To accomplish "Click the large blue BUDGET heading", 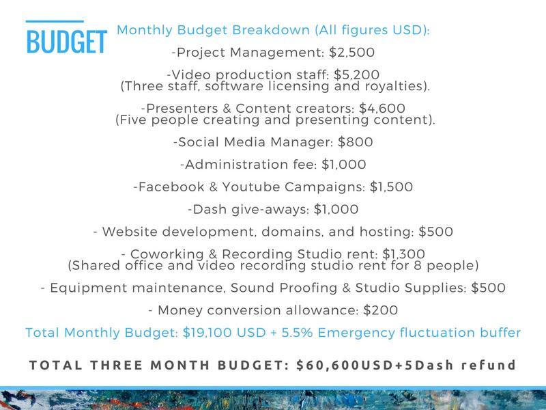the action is (66, 42).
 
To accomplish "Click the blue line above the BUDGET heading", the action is (55, 22).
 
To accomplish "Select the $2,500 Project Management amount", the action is (351, 53).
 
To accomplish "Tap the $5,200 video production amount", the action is (356, 74).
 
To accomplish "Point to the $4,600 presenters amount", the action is (382, 109).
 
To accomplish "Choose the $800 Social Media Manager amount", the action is (355, 142).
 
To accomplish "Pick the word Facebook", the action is (171, 187).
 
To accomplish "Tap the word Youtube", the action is (250, 187).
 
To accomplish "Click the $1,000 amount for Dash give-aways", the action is (336, 209).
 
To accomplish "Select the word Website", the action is (130, 232).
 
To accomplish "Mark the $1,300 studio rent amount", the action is (403, 254).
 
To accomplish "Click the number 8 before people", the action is (418, 265).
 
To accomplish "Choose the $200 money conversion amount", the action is (380, 310).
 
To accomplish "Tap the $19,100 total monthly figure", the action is (207, 333).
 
